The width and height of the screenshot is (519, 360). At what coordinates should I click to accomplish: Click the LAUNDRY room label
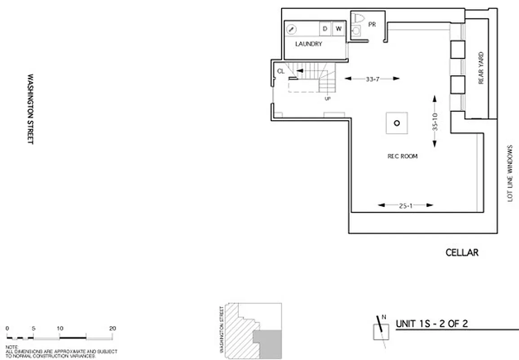309,44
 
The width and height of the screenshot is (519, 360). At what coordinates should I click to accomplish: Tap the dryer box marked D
325,29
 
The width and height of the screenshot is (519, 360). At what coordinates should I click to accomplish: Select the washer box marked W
339,29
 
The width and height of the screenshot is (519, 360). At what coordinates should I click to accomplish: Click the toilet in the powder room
358,18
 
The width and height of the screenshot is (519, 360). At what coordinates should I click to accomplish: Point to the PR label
372,24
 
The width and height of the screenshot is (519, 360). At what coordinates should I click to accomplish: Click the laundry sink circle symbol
291,29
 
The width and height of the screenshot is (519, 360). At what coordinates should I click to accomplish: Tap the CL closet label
281,71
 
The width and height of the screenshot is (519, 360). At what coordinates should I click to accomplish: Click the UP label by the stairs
327,98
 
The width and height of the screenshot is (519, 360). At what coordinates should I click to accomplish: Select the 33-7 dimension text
372,78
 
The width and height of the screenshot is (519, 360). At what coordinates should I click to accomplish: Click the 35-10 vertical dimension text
435,121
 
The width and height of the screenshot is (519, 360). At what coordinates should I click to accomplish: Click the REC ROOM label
403,156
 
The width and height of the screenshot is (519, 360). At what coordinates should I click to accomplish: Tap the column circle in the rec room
397,123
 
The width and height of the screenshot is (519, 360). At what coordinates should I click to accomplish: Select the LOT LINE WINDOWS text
510,173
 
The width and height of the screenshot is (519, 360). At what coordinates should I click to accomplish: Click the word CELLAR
462,252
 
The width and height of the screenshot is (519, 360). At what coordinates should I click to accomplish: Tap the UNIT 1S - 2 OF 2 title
429,324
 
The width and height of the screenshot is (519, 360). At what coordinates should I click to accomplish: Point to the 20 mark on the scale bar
112,328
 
